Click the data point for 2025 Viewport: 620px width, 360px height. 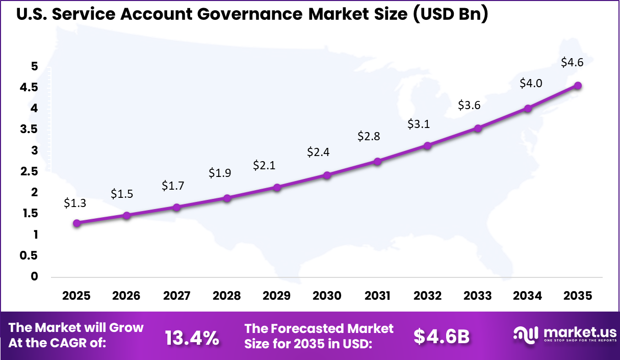[76, 223]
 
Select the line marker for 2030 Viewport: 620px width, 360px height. [327, 175]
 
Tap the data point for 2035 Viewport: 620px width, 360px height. [578, 86]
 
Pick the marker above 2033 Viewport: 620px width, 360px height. [478, 128]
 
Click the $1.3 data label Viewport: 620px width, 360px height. [75, 203]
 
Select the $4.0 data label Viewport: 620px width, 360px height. [530, 83]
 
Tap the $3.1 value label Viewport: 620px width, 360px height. [419, 124]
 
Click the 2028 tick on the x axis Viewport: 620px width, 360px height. [227, 296]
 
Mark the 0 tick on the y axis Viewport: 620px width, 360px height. [34, 276]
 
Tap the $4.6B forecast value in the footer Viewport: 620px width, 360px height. [441, 336]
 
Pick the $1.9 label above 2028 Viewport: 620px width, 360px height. [220, 173]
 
